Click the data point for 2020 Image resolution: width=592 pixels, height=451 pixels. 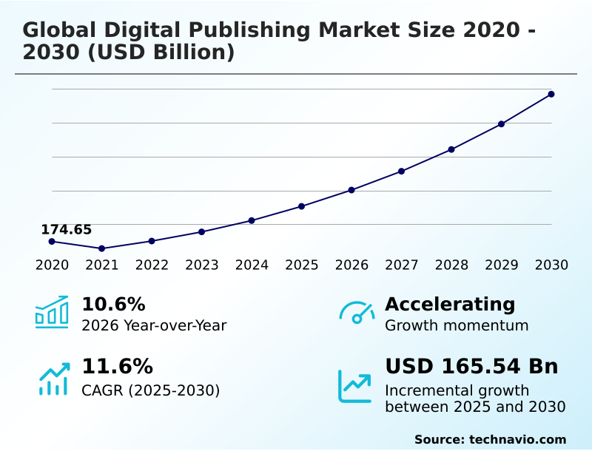pos(52,241)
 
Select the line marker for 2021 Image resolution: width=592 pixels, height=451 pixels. pos(101,248)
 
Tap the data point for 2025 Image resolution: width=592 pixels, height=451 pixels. pos(301,206)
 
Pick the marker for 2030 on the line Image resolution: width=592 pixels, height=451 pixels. pos(551,94)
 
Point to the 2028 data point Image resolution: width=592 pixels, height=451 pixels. pos(451,149)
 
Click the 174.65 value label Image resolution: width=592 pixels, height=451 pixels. pos(66,229)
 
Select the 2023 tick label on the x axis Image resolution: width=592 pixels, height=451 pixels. pos(202,265)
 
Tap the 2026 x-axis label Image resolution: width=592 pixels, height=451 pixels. pos(351,265)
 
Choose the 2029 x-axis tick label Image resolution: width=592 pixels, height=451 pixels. pos(502,265)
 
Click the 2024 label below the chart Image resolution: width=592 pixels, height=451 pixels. pos(252,265)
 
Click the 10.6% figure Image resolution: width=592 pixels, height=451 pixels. pos(113,304)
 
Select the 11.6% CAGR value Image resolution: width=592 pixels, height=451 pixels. pos(117,366)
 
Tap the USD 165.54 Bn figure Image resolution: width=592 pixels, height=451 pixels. pos(471,366)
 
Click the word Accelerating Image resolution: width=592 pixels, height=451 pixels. pos(450,304)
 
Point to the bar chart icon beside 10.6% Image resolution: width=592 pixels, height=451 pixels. pos(52,312)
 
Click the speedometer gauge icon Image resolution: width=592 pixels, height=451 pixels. pos(357,313)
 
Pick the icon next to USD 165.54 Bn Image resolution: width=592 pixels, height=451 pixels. pos(355,386)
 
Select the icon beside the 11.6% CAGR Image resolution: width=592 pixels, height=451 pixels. pos(53,379)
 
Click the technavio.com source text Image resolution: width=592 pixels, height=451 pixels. pos(517,439)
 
